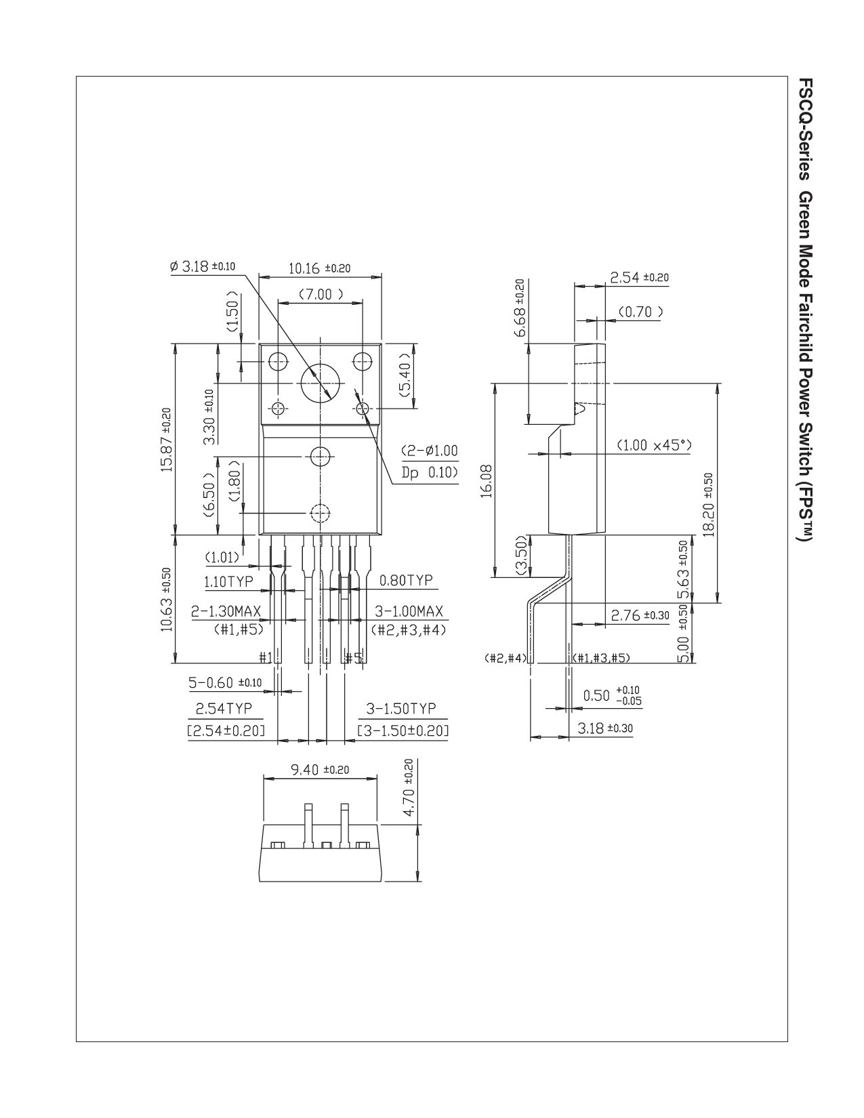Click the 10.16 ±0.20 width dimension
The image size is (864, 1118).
tap(319, 268)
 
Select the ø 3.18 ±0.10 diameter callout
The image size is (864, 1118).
tap(202, 266)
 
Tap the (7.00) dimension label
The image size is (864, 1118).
tap(321, 294)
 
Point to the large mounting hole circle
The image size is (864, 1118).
tap(321, 384)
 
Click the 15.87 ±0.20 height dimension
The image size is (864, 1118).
tap(166, 440)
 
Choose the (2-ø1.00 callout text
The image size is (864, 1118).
tap(429, 451)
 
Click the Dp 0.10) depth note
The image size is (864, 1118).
tap(429, 473)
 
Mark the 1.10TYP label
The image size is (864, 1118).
tap(229, 582)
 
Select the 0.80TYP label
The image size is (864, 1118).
tap(406, 581)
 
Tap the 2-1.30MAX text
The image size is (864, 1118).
tap(226, 611)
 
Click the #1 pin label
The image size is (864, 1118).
tap(266, 657)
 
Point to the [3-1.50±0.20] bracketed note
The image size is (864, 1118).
tap(403, 730)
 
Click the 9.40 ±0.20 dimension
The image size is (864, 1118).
tap(320, 770)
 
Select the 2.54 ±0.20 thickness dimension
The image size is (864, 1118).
tap(639, 277)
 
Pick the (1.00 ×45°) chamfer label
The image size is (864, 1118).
tap(654, 445)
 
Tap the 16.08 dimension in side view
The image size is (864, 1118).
tap(487, 481)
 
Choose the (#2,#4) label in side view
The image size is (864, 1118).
tap(506, 657)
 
